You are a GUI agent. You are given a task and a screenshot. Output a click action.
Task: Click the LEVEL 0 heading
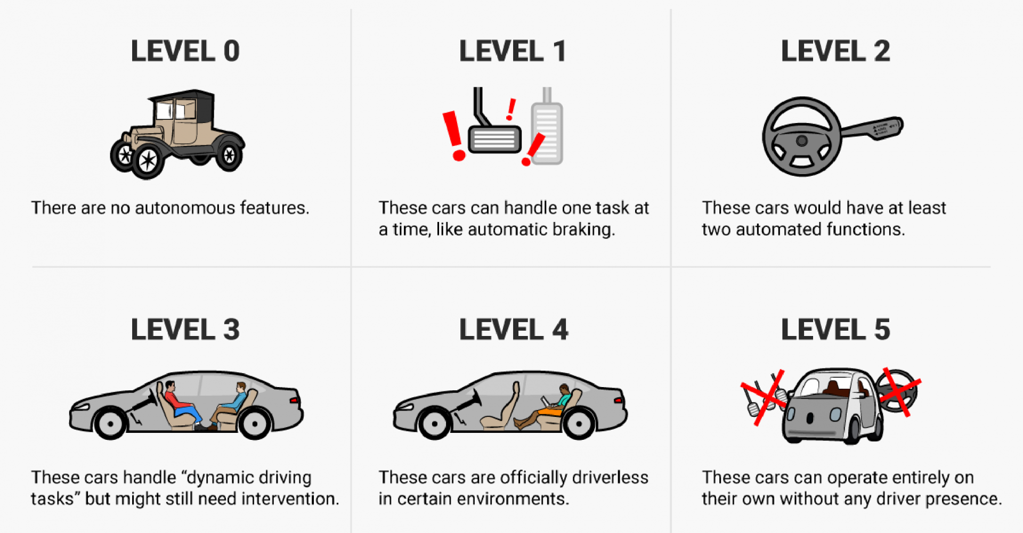[185, 51]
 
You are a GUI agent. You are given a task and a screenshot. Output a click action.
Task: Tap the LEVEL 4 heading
[514, 330]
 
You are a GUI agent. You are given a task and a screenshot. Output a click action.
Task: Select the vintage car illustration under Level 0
[177, 134]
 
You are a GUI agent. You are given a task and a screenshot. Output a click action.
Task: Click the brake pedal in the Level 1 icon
[493, 128]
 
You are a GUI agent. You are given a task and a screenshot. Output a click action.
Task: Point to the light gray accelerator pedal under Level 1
[547, 128]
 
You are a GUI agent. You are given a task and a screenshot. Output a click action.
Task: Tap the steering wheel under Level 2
[802, 137]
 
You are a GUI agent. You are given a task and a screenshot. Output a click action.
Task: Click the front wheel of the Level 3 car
[110, 423]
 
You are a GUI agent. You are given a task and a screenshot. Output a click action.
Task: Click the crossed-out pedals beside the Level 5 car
[764, 397]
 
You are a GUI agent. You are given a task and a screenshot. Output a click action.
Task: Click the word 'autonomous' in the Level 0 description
[185, 208]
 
